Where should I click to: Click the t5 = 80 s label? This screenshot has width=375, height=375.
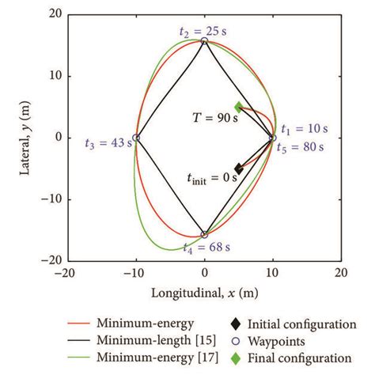(x=305, y=146)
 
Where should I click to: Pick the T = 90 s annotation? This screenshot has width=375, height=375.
(x=214, y=118)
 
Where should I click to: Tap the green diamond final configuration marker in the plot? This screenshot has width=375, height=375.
(x=239, y=107)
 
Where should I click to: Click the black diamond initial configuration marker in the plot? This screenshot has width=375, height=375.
(x=239, y=168)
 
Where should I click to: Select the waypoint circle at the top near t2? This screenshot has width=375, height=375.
(x=204, y=41)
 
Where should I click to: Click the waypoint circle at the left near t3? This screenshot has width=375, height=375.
(x=136, y=138)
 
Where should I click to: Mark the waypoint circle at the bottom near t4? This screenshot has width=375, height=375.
(x=204, y=234)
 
